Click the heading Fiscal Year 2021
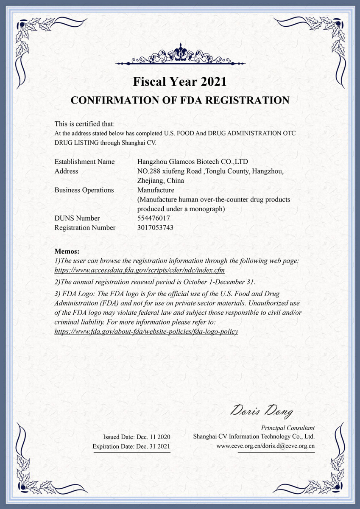point(180,81)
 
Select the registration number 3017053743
point(155,228)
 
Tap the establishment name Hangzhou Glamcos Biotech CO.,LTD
point(193,162)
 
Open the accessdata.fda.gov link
point(140,270)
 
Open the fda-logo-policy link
point(146,331)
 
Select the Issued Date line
point(137,436)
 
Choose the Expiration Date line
point(131,446)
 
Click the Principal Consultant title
point(288,428)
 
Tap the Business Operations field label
point(84,190)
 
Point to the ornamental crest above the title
point(180,56)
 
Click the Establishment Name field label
point(84,162)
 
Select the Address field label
point(66,171)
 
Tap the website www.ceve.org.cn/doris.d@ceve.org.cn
point(265,446)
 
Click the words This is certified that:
point(84,124)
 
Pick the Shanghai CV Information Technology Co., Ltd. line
point(254,436)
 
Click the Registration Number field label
point(85,228)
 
